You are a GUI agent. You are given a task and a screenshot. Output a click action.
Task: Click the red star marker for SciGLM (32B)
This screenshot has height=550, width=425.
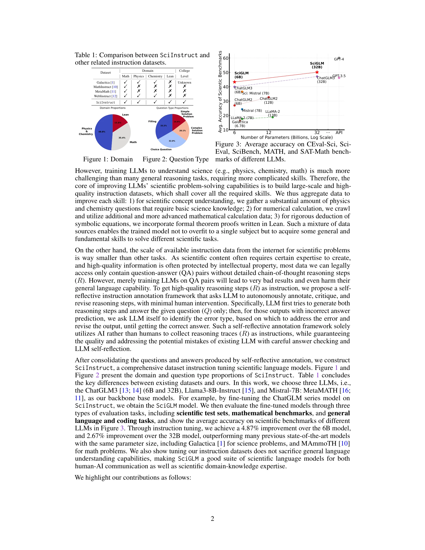(x=317, y=72)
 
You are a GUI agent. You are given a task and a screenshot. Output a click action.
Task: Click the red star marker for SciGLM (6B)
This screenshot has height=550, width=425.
(x=234, y=82)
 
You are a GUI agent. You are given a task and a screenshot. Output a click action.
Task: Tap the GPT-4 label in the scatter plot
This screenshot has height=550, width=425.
(x=339, y=59)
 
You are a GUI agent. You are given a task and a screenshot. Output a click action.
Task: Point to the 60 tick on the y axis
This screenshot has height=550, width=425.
(x=226, y=58)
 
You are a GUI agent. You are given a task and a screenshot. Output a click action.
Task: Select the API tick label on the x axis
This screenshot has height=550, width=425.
(x=339, y=132)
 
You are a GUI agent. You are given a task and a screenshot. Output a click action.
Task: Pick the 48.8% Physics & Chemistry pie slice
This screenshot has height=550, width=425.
(x=103, y=132)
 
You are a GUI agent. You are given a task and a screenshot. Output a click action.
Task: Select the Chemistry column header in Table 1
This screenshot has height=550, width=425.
(x=155, y=76)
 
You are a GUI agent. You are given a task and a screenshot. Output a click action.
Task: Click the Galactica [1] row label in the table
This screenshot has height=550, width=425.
(x=106, y=82)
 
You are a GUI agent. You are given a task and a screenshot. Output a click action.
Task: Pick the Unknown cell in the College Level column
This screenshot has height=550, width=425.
(x=184, y=82)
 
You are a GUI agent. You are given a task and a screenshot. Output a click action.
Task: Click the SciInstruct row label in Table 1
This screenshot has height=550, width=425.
(x=106, y=102)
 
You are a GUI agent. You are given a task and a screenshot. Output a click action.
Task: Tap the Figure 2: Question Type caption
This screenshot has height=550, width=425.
(x=175, y=159)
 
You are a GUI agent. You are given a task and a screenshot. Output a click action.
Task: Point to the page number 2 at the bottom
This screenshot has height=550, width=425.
(x=212, y=519)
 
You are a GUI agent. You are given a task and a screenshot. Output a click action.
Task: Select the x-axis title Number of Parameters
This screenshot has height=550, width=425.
(x=287, y=137)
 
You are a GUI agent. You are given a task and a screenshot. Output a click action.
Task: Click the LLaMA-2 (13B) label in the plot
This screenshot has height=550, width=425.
(x=272, y=113)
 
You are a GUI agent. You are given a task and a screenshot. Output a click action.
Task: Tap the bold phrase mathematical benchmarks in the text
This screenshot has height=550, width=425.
(x=272, y=413)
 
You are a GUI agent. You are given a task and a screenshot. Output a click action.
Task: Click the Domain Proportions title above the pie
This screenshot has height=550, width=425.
(x=112, y=108)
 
